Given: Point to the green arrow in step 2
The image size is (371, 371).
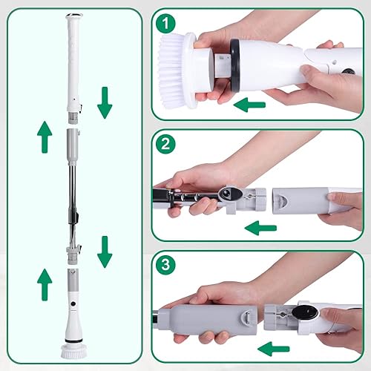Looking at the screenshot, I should tap(261, 227).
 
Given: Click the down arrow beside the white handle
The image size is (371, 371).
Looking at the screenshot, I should tap(105, 104).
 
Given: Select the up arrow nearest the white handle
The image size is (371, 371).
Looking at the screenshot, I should tap(45, 134).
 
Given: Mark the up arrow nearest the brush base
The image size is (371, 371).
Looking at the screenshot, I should tap(45, 282).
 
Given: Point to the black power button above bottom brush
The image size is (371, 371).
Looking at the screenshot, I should tap(74, 306).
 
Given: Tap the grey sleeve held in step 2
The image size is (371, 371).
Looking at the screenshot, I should tap(297, 199).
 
